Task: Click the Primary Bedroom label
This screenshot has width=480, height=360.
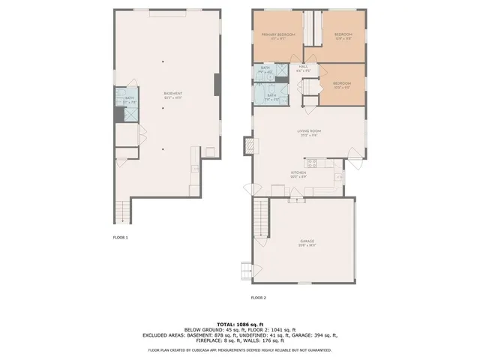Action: click(277, 36)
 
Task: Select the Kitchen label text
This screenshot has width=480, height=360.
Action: click(298, 172)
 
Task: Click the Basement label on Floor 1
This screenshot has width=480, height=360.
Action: click(173, 94)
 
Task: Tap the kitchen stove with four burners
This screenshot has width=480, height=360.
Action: click(312, 162)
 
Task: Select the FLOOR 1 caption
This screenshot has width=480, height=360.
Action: click(120, 237)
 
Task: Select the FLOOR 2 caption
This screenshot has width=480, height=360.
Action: click(259, 298)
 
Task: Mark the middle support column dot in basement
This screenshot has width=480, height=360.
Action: click(163, 109)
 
